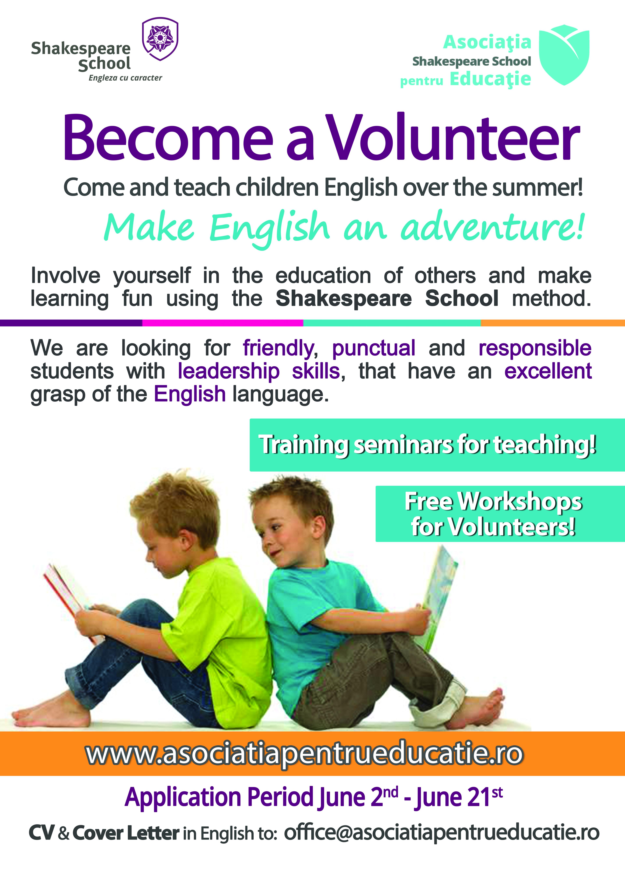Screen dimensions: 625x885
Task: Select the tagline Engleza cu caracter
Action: click(x=125, y=78)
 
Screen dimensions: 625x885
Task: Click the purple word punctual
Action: click(x=374, y=348)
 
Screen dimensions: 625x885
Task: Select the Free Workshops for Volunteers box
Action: click(x=500, y=514)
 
